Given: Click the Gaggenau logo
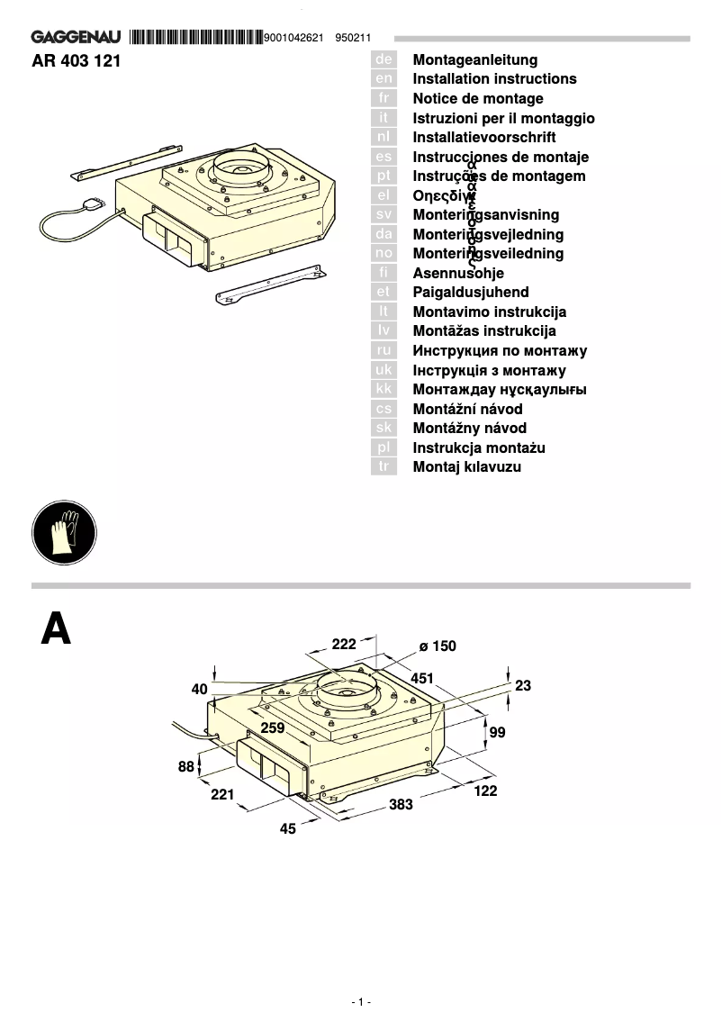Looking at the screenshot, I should coord(77,38).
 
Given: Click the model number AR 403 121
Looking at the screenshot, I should coord(76,61).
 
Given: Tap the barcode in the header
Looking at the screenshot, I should coord(195,38).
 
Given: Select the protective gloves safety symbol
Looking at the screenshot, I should coord(63,535).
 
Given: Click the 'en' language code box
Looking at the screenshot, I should coord(384,79).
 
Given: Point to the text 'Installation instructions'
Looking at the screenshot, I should coord(494,79).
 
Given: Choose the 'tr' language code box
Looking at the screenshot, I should coord(384,467).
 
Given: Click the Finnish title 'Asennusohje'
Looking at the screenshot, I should coord(458,274).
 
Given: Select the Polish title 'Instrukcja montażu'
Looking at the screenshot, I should coord(479,448).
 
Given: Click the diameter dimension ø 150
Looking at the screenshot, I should coord(438,646).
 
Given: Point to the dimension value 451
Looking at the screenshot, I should coord(422,678).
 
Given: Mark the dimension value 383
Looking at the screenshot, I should coord(402,805).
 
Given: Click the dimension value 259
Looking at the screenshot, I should coord(273,727).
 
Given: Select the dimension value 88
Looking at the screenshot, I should coord(185,767).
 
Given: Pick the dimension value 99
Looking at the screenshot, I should coord(497,733).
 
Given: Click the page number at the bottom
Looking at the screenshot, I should coord(360,1002).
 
